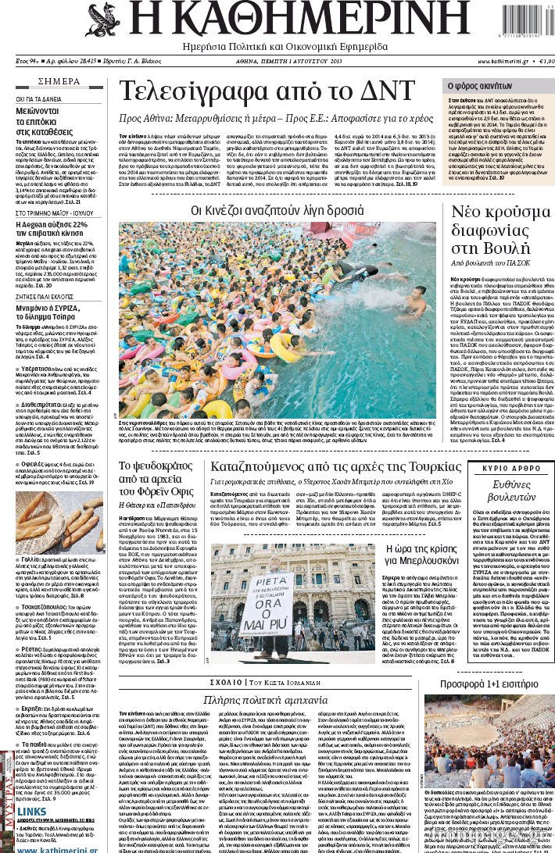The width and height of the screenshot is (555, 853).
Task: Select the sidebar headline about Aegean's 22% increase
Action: (55, 230)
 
